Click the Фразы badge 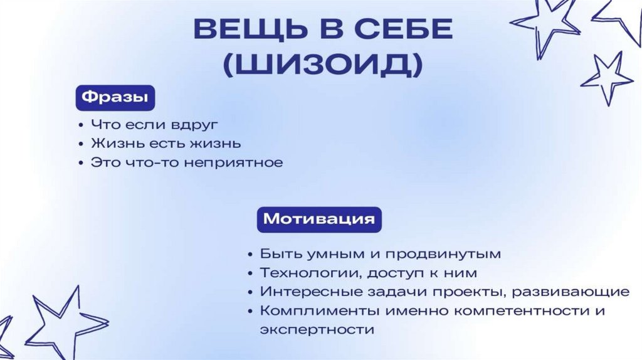(115, 98)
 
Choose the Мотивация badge (319, 220)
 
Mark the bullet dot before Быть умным (251, 255)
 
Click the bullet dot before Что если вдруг (82, 125)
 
